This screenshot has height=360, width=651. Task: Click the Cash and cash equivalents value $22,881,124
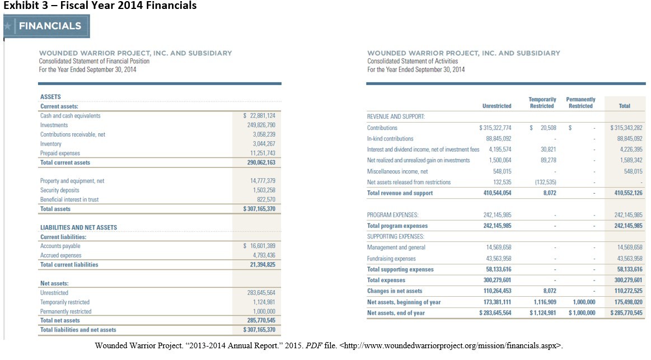pos(259,116)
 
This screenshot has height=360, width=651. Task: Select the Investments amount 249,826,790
pos(259,125)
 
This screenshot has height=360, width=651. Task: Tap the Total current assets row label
pos(65,162)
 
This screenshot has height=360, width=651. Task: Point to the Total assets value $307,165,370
pos(259,209)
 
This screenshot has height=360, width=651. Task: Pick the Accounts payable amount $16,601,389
pos(259,246)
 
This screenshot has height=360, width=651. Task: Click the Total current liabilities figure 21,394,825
pos(259,265)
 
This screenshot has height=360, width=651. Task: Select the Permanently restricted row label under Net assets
pos(65,311)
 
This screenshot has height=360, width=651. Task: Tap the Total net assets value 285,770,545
pos(259,321)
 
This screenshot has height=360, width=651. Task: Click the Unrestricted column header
pos(497,106)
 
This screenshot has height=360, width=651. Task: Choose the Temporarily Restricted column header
pos(542,102)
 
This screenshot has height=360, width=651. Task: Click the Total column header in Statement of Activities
pos(624,106)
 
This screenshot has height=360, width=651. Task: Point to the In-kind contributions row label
pos(390,138)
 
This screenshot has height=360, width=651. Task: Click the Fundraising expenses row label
pos(391,259)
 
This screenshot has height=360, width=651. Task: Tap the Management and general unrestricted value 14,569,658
pos(495,247)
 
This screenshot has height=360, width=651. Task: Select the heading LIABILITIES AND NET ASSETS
pos(78,227)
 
